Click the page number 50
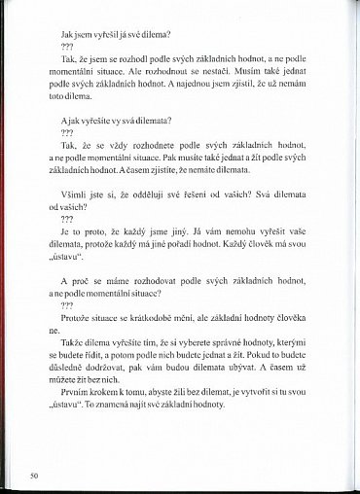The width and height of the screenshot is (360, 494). pos(34,476)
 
